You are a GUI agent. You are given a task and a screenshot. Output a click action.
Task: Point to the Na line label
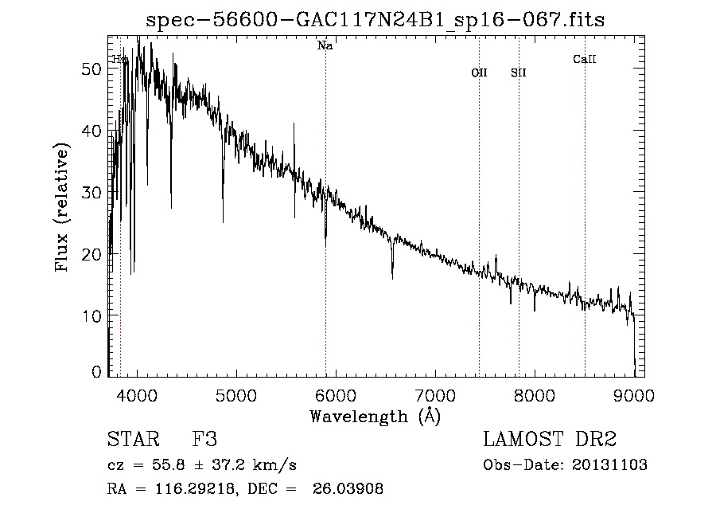(325, 46)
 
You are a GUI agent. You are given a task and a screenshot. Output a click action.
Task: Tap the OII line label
(479, 72)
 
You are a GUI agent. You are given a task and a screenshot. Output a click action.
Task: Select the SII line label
(519, 72)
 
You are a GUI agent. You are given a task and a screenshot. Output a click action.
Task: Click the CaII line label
(585, 59)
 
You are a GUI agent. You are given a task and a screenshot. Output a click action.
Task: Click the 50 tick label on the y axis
(92, 69)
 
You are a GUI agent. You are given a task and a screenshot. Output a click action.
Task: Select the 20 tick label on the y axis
(92, 254)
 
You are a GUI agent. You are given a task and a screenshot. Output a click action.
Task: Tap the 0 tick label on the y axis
(97, 372)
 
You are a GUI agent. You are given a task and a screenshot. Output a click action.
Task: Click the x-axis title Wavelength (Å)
(375, 416)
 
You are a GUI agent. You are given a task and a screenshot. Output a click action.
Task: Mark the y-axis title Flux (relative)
(62, 207)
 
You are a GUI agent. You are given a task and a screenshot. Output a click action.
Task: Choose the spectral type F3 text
(205, 441)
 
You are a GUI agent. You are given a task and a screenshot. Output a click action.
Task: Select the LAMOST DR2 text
(550, 441)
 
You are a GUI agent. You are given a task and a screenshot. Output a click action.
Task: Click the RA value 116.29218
(188, 489)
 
